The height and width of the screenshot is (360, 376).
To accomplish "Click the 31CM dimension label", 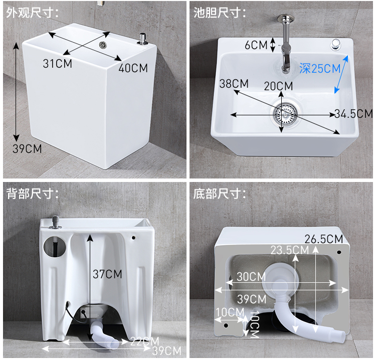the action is (x=58, y=64).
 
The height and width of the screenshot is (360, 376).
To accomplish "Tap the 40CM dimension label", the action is (x=133, y=68).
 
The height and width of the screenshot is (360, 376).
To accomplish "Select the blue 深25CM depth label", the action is (x=320, y=69).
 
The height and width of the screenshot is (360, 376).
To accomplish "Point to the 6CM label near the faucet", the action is (x=256, y=45).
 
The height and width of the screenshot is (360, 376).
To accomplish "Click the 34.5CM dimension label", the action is (x=354, y=114).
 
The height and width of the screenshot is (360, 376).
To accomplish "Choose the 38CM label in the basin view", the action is (x=234, y=84).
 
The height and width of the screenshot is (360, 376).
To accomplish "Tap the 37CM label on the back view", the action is (x=107, y=274).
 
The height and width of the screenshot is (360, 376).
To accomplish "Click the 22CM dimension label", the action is (x=144, y=341).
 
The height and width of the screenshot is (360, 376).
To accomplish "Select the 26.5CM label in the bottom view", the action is (x=324, y=239).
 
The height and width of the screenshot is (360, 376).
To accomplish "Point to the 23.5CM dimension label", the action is (x=290, y=250).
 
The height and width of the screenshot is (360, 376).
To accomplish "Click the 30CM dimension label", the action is (x=251, y=277).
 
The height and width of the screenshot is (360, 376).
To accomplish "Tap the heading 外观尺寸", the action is (x=33, y=13).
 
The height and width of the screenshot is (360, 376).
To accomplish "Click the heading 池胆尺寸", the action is (x=220, y=13).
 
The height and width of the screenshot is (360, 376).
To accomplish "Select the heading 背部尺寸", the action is (x=33, y=194).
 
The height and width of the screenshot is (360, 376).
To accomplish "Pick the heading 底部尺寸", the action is (x=220, y=194).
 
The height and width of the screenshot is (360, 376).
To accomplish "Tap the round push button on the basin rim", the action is (x=335, y=45).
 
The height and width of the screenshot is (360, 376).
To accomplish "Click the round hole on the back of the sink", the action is (x=55, y=247).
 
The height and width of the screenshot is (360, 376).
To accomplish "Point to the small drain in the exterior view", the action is (x=103, y=44).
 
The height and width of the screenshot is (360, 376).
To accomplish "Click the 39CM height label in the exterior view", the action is (x=27, y=149).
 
